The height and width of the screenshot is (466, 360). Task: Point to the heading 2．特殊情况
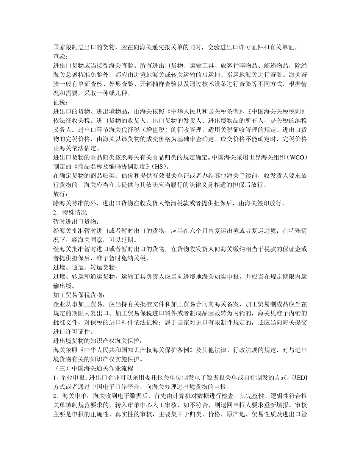point(70,213)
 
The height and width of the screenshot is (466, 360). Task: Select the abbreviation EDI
point(302,377)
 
